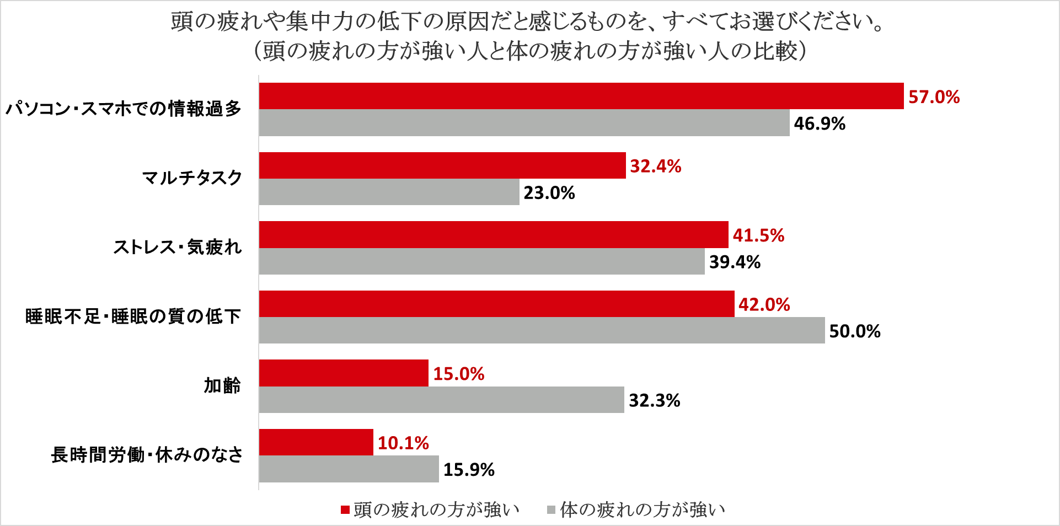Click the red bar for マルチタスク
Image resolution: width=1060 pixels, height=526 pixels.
click(x=442, y=165)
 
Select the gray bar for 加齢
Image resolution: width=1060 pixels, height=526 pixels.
click(x=441, y=400)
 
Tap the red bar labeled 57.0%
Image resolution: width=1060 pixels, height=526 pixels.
click(x=581, y=96)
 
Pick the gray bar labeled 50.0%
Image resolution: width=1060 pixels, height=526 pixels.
click(x=542, y=330)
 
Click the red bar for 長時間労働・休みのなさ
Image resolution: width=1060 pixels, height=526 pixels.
click(x=316, y=442)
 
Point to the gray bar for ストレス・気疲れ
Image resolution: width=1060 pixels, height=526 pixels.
click(x=481, y=261)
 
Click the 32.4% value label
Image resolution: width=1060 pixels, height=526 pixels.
click(x=656, y=166)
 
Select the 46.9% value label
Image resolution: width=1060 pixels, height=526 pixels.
click(x=820, y=124)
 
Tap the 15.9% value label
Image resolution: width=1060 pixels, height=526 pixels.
click(x=469, y=470)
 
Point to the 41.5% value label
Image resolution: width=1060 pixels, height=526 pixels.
click(x=758, y=235)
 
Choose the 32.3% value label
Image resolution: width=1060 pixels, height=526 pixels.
click(x=655, y=400)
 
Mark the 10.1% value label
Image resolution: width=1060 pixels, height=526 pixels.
click(x=403, y=443)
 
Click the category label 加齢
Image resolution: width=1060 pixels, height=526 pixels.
click(x=223, y=385)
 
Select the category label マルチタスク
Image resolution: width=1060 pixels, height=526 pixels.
click(x=192, y=178)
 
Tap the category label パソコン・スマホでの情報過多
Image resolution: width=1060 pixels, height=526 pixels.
click(x=124, y=109)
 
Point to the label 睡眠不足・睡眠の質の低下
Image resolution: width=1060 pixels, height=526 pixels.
click(x=133, y=316)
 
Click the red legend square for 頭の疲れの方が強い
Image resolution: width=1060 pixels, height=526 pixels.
click(x=345, y=510)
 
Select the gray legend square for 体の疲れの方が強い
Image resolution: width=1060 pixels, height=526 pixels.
click(x=551, y=510)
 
